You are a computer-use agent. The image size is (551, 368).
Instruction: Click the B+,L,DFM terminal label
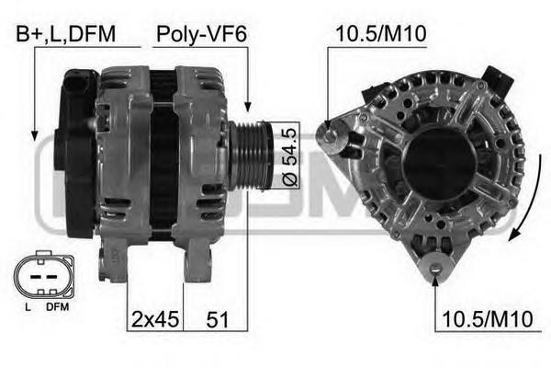click(66, 34)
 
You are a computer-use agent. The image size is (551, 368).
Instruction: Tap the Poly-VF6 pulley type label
click(201, 35)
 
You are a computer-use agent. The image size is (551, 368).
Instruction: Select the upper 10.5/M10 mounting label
click(381, 34)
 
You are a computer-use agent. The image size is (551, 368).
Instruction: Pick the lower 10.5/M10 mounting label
click(488, 319)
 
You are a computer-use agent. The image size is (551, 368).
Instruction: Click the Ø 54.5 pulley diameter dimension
click(290, 155)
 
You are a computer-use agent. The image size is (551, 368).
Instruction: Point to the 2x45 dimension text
click(155, 320)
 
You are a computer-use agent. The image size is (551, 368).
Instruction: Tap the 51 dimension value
click(218, 320)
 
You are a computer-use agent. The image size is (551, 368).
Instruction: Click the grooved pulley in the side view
click(251, 155)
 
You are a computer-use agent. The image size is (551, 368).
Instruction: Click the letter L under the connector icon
click(28, 307)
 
